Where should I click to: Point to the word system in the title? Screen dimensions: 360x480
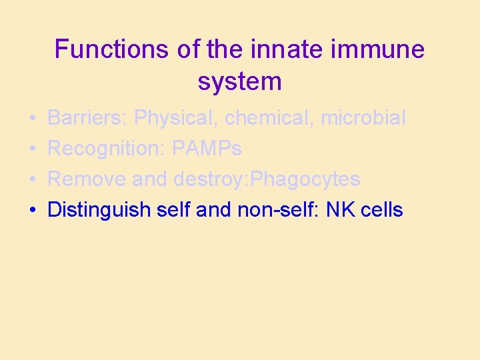click(x=239, y=81)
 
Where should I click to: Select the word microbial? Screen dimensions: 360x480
click(x=363, y=118)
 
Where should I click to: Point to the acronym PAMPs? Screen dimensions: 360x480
click(x=207, y=149)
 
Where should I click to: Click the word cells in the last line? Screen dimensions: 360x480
click(x=381, y=210)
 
